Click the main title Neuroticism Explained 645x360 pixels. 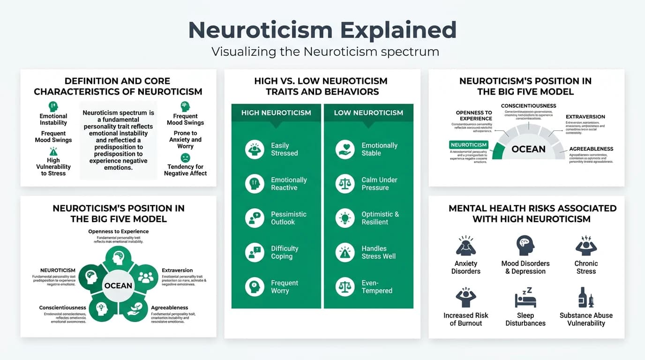point(322,30)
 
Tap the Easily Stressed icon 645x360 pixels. point(255,150)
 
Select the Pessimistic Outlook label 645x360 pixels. point(288,218)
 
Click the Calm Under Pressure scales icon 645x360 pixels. point(345,184)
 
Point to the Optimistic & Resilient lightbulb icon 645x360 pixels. point(345,218)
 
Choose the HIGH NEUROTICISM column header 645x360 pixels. point(276,112)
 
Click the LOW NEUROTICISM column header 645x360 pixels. point(368,112)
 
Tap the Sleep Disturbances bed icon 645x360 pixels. point(525,299)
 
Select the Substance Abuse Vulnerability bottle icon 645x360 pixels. point(585,298)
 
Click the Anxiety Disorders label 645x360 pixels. point(465,267)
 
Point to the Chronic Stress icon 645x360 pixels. point(585,246)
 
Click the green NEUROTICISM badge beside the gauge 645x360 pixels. point(468,145)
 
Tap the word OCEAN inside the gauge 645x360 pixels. point(528,149)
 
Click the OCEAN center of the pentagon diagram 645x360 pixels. point(118,285)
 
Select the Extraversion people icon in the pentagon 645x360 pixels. point(146,277)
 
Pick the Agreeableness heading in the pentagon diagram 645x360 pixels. point(169,308)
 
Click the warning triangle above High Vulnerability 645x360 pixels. point(53,151)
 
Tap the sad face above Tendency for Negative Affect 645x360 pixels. point(185,158)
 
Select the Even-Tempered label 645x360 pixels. point(377,287)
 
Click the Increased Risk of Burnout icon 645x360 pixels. point(465,298)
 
